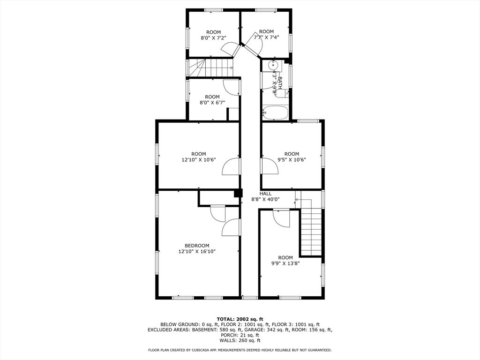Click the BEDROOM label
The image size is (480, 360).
[197, 246]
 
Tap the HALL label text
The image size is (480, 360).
[266, 194]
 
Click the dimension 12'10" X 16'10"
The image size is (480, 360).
[197, 252]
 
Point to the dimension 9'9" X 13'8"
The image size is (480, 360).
[285, 263]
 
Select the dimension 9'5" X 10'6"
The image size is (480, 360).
[292, 160]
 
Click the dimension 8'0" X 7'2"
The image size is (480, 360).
[213, 38]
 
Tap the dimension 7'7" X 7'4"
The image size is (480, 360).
[266, 37]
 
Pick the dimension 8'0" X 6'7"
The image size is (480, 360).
[212, 103]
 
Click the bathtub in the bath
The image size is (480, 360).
[275, 113]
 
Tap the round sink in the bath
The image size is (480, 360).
[274, 65]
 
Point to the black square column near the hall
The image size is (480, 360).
[238, 193]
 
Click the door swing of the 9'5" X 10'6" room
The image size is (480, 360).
[269, 166]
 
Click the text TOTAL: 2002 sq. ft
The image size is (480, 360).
[240, 319]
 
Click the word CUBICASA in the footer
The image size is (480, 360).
[213, 350]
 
